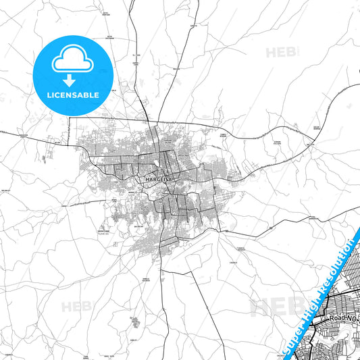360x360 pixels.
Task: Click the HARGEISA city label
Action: (x=158, y=180)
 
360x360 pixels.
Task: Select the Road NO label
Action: (x=342, y=317)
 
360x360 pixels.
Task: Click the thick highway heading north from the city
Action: (x=141, y=88)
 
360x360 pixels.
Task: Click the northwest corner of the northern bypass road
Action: (x=69, y=118)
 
